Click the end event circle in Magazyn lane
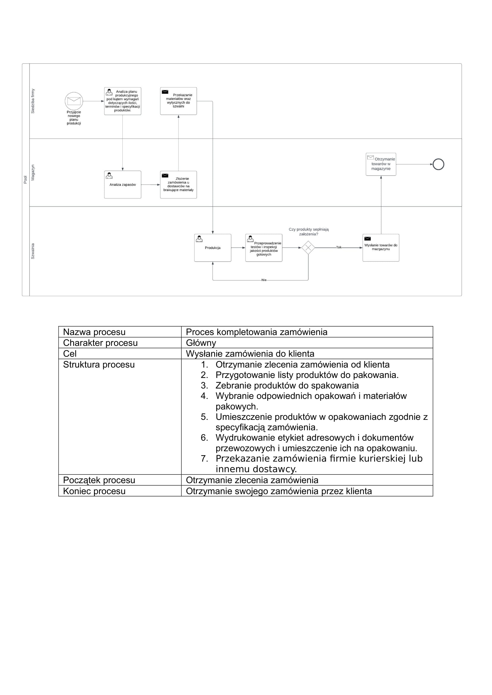coord(438,164)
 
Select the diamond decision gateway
coord(308,248)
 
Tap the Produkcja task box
coord(213,248)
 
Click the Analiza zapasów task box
coord(122,185)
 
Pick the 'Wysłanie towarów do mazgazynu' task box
coord(381,248)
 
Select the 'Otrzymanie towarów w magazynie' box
coord(381,164)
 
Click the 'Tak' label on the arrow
coord(339,247)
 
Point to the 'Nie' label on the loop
coord(264,280)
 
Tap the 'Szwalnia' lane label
coord(33,251)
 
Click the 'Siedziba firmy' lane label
coord(33,101)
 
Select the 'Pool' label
coord(26,179)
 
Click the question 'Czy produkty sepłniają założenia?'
coord(308,231)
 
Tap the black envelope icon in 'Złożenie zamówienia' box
coord(165,176)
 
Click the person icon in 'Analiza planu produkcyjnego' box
coord(109,92)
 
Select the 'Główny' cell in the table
coord(201,343)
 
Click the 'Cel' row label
coord(70,354)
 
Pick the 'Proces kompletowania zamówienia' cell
coord(256,332)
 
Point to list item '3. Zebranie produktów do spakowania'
coord(286,385)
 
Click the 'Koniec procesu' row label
coord(94,491)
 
